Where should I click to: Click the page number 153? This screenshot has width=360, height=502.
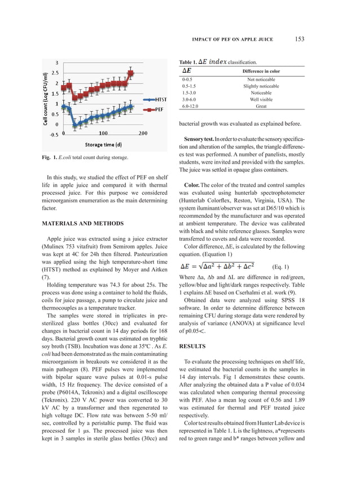pos(299,39)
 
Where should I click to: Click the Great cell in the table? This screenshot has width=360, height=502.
pos(261,105)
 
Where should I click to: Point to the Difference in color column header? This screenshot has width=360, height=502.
pos(261,72)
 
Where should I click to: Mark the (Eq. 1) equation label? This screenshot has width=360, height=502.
pos(280,266)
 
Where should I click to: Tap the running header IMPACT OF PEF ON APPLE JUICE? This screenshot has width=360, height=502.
pos(232,39)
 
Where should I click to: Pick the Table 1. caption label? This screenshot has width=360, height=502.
pos(188,61)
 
